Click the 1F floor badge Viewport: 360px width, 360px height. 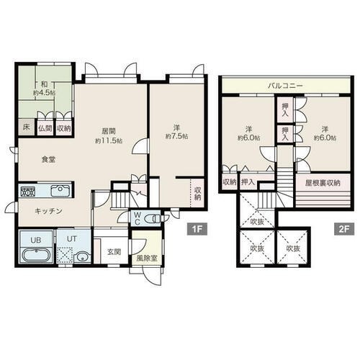click(197, 229)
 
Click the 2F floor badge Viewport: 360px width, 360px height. click(344, 229)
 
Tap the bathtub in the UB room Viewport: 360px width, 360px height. click(37, 255)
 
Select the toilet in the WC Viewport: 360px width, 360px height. click(153, 219)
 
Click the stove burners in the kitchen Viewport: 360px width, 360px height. click(28, 192)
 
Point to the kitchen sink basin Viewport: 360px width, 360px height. click(60, 191)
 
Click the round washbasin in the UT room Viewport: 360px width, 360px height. click(83, 257)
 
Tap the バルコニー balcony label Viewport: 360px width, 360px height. click(285, 86)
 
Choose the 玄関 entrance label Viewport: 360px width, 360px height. click(114, 252)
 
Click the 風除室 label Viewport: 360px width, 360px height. click(147, 258)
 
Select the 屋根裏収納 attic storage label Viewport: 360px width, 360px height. click(323, 183)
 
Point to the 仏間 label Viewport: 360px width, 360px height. click(45, 128)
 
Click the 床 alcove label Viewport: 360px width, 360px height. click(26, 127)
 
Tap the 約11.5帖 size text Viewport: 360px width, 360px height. click(109, 140)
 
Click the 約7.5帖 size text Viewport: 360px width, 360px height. click(176, 136)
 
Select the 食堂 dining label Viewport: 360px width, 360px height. click(49, 159)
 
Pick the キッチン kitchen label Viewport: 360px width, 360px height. click(48, 211)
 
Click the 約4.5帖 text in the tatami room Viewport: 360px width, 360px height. click(44, 93)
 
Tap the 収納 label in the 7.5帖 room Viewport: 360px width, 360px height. click(197, 194)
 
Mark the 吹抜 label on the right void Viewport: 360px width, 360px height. click(293, 248)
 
